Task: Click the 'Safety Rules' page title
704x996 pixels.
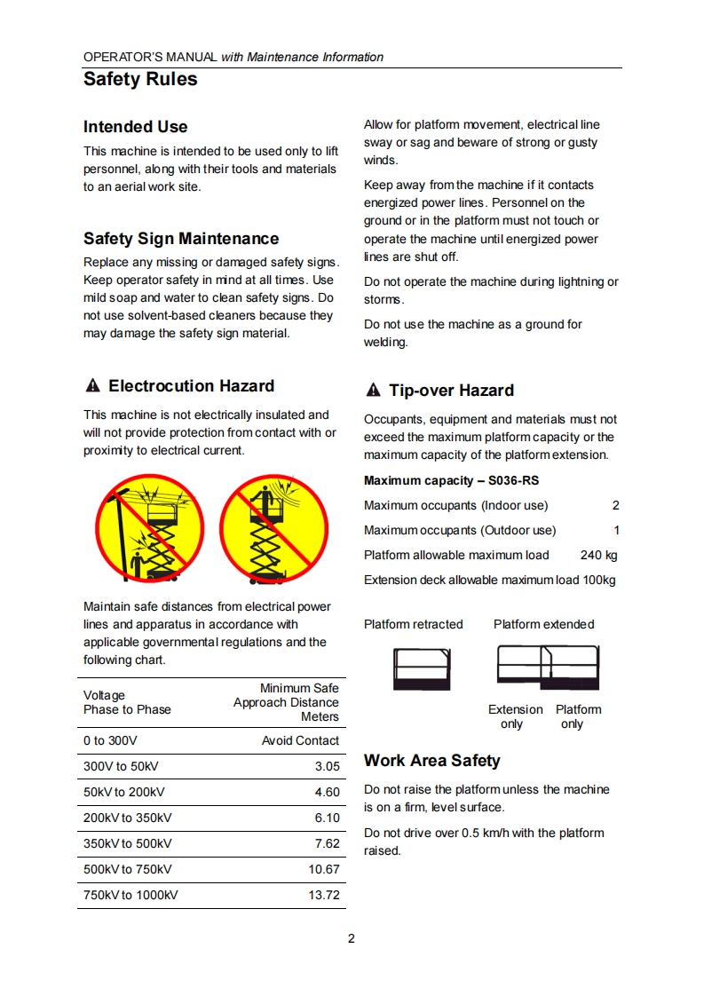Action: tap(140, 79)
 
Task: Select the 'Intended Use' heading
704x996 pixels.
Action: tap(135, 127)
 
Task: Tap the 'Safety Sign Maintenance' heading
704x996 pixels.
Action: tap(181, 239)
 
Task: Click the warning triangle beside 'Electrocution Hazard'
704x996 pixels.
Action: tap(92, 386)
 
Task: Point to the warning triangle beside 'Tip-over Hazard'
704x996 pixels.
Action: tap(373, 391)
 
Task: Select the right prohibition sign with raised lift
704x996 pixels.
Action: tap(274, 528)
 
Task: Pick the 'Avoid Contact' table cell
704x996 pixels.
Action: tap(300, 740)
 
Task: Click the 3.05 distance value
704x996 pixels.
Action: tap(327, 766)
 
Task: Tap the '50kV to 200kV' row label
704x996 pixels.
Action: tap(124, 792)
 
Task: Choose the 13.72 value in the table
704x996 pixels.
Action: tap(324, 895)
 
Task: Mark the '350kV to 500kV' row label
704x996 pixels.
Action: tap(128, 843)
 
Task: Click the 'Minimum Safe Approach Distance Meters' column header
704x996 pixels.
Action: tap(286, 702)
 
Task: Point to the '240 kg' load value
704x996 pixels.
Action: tap(598, 555)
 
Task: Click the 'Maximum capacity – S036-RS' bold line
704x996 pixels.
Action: tap(451, 480)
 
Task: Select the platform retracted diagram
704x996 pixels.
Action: tap(422, 668)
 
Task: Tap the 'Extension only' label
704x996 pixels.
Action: tap(515, 716)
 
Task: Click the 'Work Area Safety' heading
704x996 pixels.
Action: tap(431, 761)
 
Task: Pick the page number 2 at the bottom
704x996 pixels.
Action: tap(352, 938)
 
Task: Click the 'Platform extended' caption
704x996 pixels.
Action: tap(543, 624)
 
